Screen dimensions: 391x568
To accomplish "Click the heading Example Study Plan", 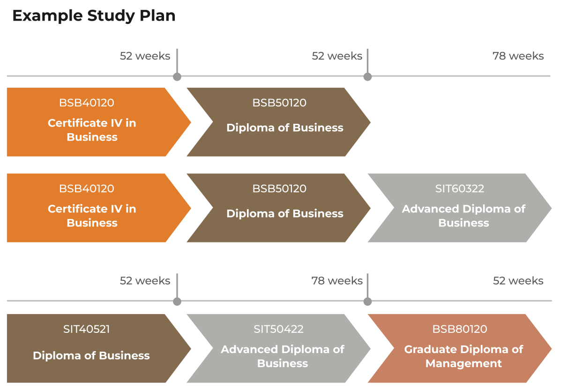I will tap(94, 16).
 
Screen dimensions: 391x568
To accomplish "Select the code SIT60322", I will tap(459, 188).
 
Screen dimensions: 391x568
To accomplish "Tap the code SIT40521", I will tap(86, 329).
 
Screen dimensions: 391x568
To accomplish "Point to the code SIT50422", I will tap(278, 329).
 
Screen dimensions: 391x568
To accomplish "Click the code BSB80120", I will tap(459, 329).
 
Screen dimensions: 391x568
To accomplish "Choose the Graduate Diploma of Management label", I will tap(463, 356).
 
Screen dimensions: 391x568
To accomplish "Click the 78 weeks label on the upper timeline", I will tap(518, 56).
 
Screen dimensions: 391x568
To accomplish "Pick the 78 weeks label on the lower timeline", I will tap(337, 281).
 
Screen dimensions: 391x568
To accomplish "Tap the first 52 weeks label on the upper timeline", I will tap(145, 56).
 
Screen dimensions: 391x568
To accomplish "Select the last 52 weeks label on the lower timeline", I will tap(518, 281).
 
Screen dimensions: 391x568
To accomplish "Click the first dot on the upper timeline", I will tap(177, 76).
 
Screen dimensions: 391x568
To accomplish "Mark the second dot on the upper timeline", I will tap(367, 76).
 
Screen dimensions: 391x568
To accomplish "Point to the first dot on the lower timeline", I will tap(177, 301).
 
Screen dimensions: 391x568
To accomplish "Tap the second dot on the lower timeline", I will tap(367, 301).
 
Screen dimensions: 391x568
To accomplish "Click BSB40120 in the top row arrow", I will tap(86, 103).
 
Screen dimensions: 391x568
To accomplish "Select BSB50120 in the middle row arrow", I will tap(279, 188).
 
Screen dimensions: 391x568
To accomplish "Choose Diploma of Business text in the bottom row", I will tap(91, 355).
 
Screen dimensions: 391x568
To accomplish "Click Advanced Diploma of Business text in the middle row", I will tap(463, 216).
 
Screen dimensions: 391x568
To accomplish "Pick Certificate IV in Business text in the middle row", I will tap(92, 216).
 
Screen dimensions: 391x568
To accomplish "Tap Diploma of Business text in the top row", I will tap(284, 128).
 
